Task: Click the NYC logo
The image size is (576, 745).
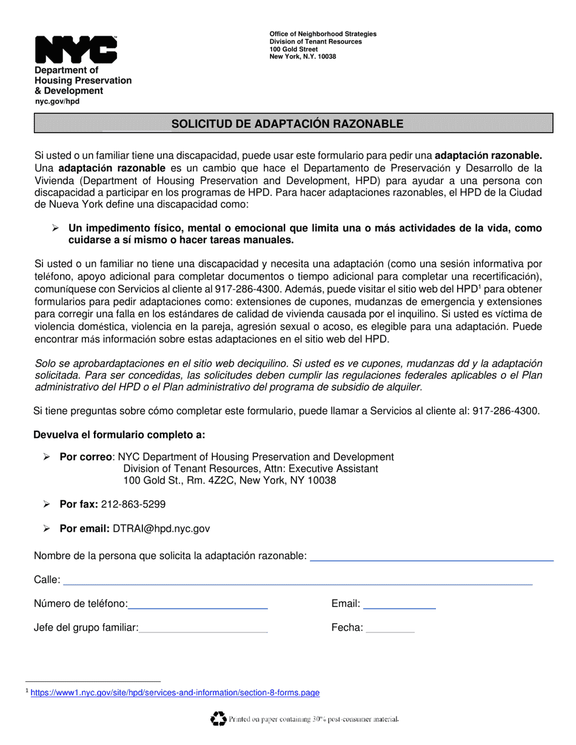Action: pyautogui.click(x=76, y=49)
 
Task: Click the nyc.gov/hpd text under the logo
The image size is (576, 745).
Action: pyautogui.click(x=57, y=101)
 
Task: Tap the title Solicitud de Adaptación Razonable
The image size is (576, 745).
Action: pyautogui.click(x=287, y=124)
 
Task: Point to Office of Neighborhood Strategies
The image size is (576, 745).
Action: pyautogui.click(x=323, y=34)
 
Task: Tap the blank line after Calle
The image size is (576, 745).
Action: pyautogui.click(x=297, y=583)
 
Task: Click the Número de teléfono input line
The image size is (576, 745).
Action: pyautogui.click(x=198, y=607)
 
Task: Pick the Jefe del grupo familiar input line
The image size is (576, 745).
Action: pyautogui.click(x=203, y=631)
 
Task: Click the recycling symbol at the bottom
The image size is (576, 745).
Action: pyautogui.click(x=218, y=718)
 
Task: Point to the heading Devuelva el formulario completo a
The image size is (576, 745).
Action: pyautogui.click(x=119, y=434)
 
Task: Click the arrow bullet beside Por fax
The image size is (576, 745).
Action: pyautogui.click(x=46, y=504)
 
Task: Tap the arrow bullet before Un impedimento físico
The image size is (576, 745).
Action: pyautogui.click(x=55, y=228)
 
